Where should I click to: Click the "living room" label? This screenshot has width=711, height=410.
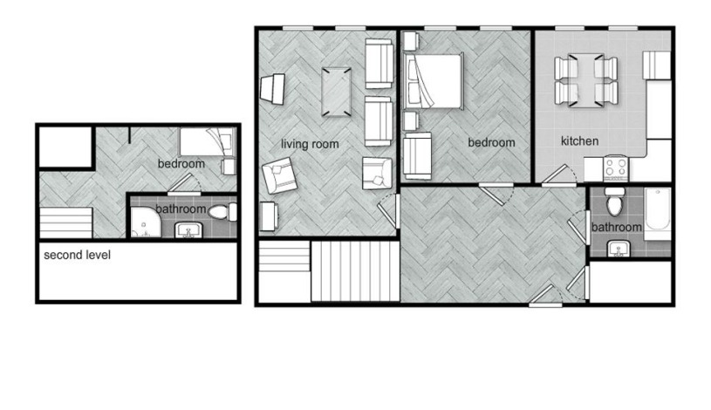[x=310, y=144]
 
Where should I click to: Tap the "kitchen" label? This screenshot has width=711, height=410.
[x=579, y=141]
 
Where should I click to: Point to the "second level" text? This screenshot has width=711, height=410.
[x=77, y=255]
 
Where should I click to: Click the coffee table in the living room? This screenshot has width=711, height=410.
[x=337, y=92]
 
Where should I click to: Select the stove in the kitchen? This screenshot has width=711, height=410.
[x=616, y=168]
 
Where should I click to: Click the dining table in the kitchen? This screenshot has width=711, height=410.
[x=586, y=80]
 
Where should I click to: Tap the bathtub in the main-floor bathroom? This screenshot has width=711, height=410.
[x=657, y=214]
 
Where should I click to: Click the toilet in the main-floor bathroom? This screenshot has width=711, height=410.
[x=615, y=202]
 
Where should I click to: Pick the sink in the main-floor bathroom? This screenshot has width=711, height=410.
[x=618, y=249]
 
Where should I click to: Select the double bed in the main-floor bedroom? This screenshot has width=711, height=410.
[x=433, y=81]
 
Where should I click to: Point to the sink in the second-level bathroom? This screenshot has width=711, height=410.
[x=188, y=230]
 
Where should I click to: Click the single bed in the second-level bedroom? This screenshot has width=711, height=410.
[x=208, y=141]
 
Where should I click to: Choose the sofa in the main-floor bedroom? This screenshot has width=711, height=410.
[x=417, y=155]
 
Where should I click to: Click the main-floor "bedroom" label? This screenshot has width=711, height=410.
[x=491, y=143]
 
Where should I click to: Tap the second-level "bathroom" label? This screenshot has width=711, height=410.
[x=181, y=209]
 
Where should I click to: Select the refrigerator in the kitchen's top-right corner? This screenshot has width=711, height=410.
[x=657, y=65]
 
